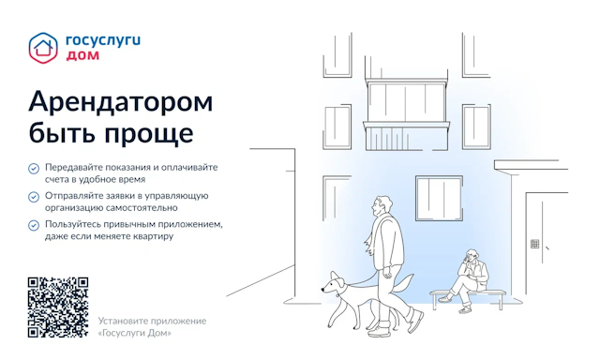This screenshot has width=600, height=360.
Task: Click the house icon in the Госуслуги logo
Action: coord(43,48)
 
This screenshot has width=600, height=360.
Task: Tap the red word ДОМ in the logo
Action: coord(82,55)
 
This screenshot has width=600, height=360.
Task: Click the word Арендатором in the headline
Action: coord(121,102)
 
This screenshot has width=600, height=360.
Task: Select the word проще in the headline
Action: coord(149,133)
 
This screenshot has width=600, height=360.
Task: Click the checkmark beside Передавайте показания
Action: coord(34,169)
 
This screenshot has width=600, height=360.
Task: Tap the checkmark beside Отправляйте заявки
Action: coord(34,197)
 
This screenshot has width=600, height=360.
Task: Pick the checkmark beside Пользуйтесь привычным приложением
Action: coord(34,225)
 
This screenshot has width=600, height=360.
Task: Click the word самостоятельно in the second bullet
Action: coord(142,208)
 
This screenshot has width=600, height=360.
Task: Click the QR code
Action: coord(58,307)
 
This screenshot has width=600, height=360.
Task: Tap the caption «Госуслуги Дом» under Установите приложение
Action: coord(135,333)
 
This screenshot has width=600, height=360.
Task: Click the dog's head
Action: coord(332,284)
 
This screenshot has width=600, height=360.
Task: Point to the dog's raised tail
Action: coord(404,282)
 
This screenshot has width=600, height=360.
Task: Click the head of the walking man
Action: coord(381,207)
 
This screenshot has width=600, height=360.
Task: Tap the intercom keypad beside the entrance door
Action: coord(535,244)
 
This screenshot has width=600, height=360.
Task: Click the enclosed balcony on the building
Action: coord(406,114)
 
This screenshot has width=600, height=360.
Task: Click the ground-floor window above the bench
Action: coord(439,198)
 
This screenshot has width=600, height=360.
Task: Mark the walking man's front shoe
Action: coord(415,321)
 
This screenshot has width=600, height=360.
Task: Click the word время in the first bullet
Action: coord(130,179)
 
